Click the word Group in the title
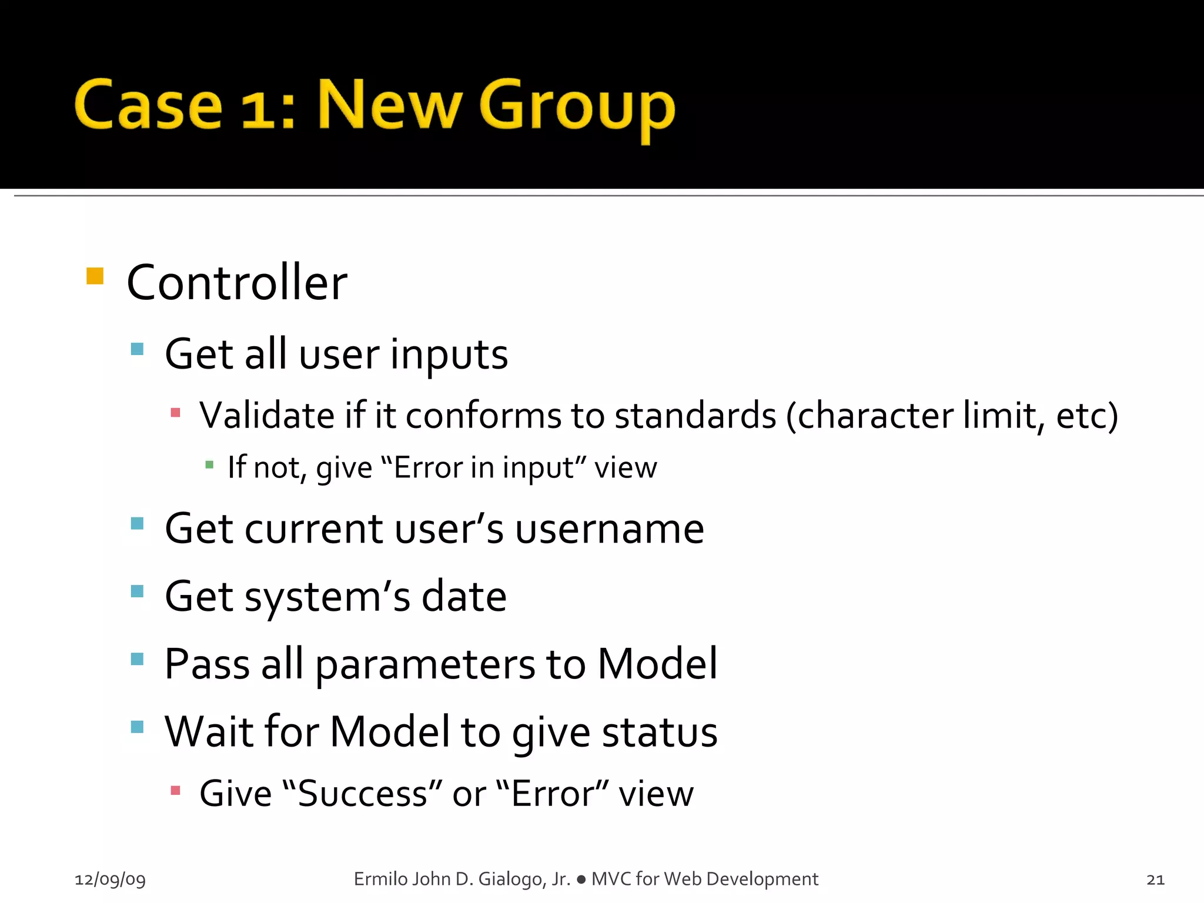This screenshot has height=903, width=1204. click(x=577, y=107)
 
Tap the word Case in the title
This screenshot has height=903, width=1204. click(x=148, y=106)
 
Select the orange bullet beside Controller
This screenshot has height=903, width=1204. click(x=95, y=276)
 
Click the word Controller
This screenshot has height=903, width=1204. click(x=237, y=283)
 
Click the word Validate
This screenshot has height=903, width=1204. click(x=267, y=415)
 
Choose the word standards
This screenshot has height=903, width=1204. click(x=695, y=415)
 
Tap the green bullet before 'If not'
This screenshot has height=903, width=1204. click(x=209, y=465)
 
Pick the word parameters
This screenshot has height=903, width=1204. click(x=425, y=664)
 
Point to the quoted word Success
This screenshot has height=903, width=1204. click(x=362, y=794)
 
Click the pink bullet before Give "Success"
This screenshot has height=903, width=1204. click(x=175, y=790)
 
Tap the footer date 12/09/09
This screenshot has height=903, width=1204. click(x=110, y=879)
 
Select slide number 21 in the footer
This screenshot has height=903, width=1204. click(x=1155, y=879)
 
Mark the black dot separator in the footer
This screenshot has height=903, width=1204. click(x=581, y=879)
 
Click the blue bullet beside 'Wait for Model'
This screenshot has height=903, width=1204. click(x=138, y=727)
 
